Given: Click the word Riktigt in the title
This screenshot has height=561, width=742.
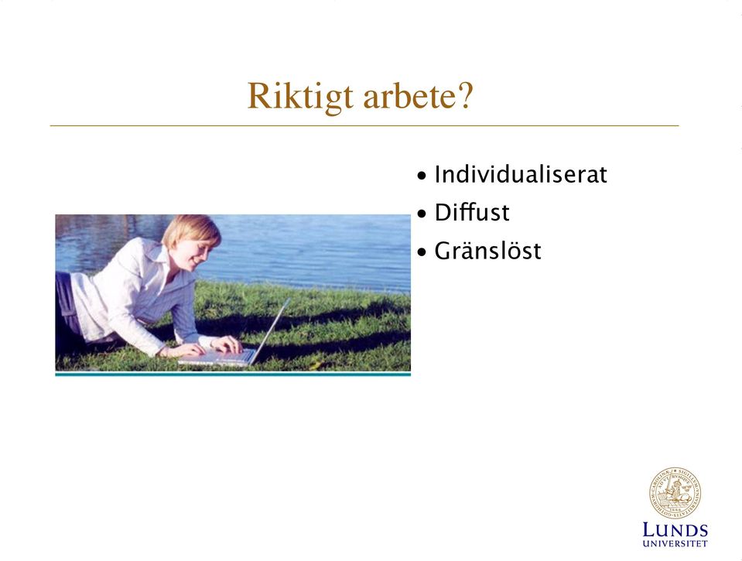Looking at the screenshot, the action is click(x=300, y=97).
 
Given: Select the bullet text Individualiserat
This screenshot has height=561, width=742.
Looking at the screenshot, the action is click(x=520, y=174).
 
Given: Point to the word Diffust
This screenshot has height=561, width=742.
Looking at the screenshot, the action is click(x=471, y=212).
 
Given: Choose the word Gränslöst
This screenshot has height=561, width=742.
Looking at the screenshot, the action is click(x=487, y=251).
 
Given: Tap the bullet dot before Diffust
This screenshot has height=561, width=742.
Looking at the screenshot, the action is click(x=422, y=214).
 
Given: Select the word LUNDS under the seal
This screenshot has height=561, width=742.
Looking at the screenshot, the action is click(x=675, y=530).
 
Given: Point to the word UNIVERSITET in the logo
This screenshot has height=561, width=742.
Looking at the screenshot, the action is click(x=675, y=543).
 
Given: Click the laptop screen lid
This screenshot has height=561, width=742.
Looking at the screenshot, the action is click(x=270, y=331).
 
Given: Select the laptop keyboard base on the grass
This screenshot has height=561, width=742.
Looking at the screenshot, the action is click(x=217, y=357).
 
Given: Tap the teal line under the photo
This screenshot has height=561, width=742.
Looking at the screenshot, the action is click(x=233, y=374).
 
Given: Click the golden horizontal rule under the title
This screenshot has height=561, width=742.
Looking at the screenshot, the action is click(x=364, y=126).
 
